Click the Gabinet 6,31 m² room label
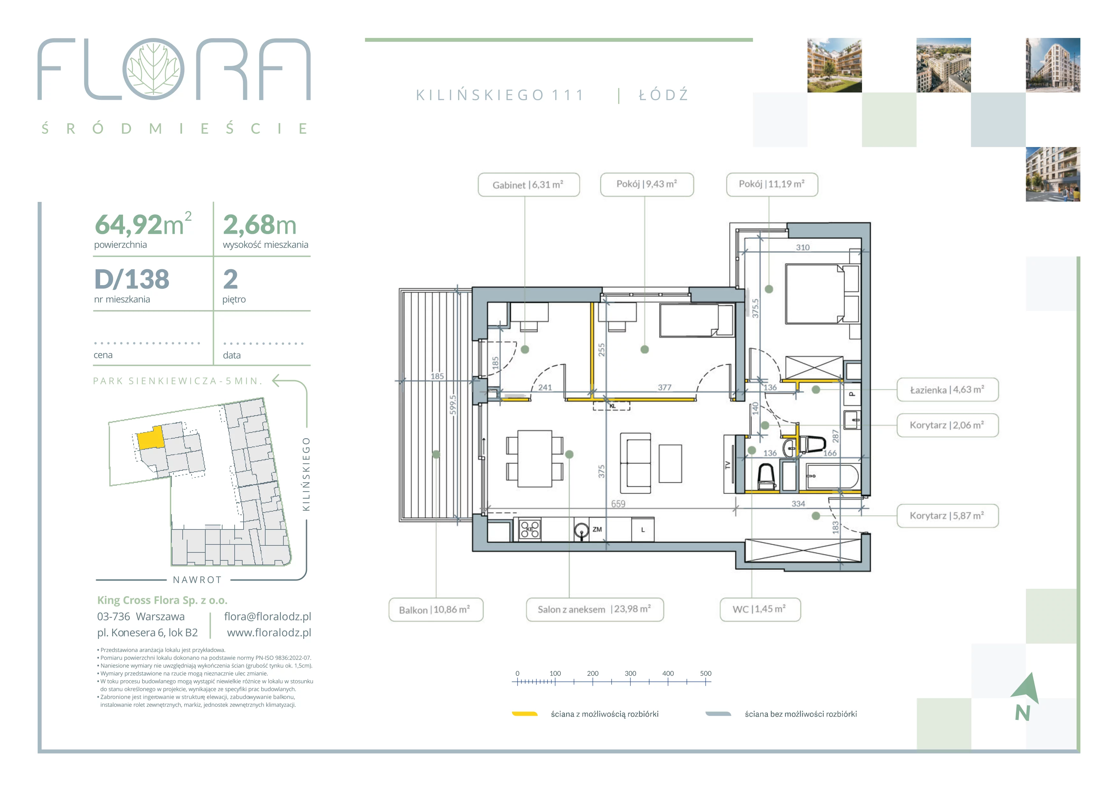tap(528, 185)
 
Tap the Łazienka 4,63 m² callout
tap(947, 390)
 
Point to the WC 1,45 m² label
tap(760, 609)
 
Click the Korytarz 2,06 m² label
tap(947, 425)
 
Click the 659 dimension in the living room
tap(618, 504)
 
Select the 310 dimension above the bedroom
tap(802, 248)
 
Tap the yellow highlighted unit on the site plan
tap(150, 438)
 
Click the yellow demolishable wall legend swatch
tap(524, 714)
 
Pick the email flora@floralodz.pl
tap(267, 616)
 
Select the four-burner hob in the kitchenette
tap(530, 529)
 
